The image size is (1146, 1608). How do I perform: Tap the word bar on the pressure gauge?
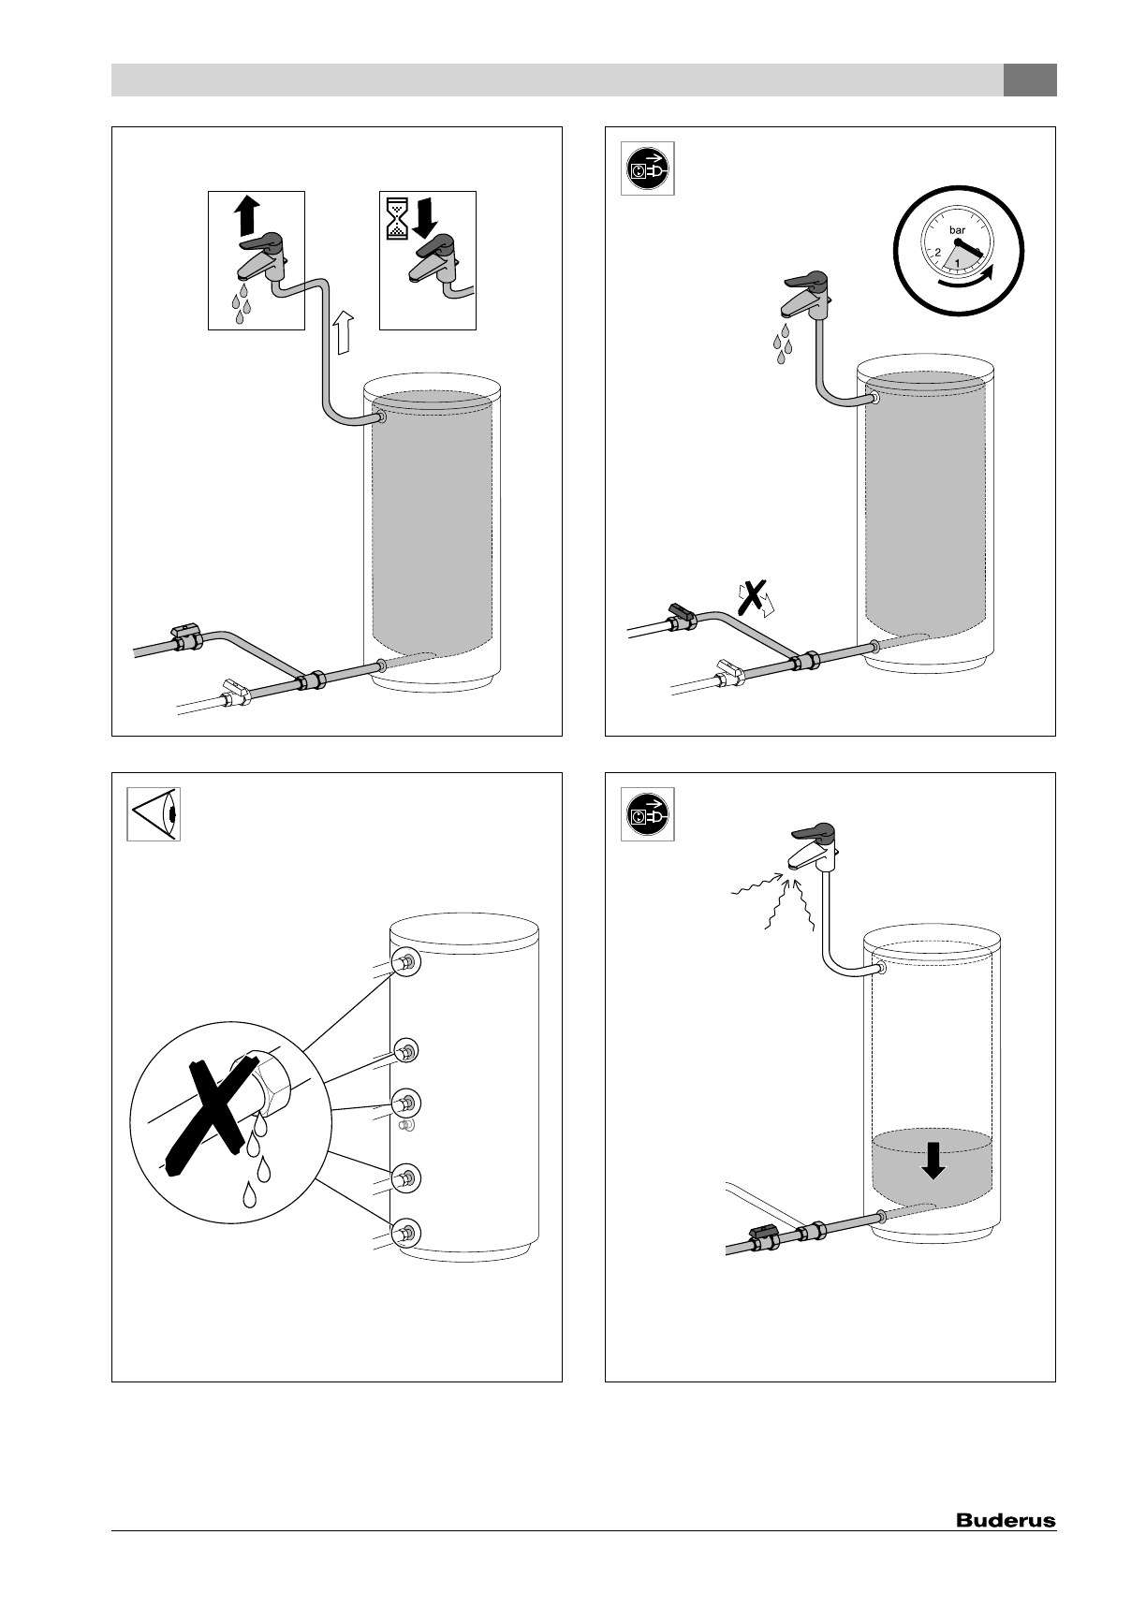(x=958, y=229)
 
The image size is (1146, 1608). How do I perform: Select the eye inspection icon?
(x=154, y=814)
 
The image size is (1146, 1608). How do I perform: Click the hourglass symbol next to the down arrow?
(x=395, y=214)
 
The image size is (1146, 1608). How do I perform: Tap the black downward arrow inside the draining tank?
(x=933, y=1162)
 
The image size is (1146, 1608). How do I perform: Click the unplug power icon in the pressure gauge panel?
(x=647, y=169)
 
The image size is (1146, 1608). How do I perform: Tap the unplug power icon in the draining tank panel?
(x=647, y=815)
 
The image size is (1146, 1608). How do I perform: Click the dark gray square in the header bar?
(x=1030, y=80)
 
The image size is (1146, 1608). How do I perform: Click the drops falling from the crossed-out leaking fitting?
(x=257, y=1165)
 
